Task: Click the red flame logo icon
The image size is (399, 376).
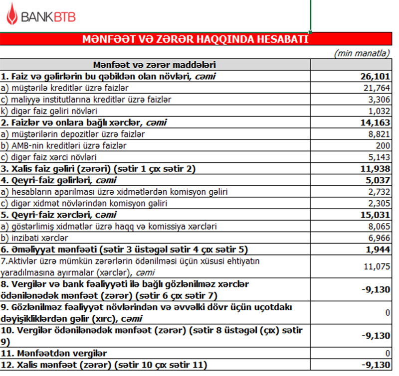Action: pyautogui.click(x=12, y=16)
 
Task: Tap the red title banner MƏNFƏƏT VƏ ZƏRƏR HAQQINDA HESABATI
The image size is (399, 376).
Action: pyautogui.click(x=195, y=40)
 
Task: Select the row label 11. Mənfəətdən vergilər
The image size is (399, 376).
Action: pyautogui.click(x=54, y=354)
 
